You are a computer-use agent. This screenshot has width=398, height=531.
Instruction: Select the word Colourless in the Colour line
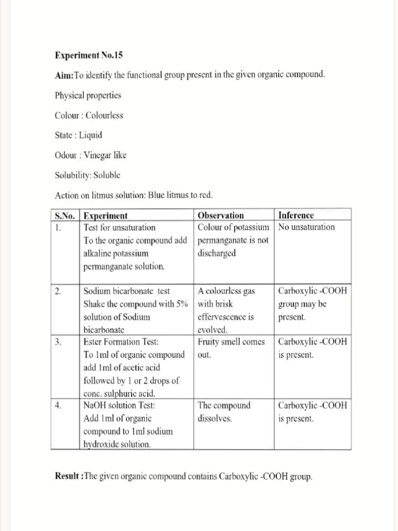tap(104, 115)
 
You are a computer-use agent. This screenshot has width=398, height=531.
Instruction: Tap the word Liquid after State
tap(91, 135)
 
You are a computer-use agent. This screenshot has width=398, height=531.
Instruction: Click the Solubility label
tap(73, 175)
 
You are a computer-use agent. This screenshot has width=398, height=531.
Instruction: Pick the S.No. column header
tap(65, 215)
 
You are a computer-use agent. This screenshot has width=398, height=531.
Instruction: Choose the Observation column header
tap(221, 215)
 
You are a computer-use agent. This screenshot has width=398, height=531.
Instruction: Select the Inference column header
tap(296, 215)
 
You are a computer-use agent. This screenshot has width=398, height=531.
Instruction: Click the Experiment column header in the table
tap(106, 215)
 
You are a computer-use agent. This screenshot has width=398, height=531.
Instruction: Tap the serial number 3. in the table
tap(58, 342)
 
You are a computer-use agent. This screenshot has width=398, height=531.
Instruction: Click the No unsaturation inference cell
tap(306, 227)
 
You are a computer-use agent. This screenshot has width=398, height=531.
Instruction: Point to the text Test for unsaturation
tap(120, 227)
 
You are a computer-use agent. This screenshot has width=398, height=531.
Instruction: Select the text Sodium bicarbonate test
tap(126, 291)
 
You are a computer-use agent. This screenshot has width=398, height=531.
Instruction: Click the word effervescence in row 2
tap(226, 317)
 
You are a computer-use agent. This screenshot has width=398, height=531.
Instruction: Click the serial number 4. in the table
tap(58, 406)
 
